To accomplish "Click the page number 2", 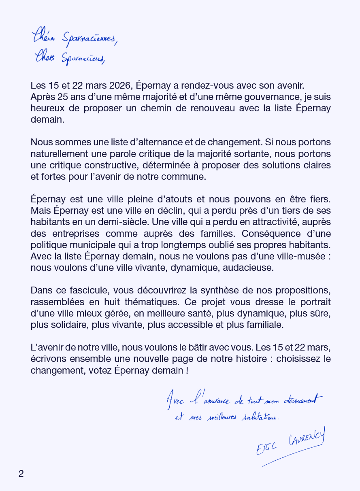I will click(21, 474).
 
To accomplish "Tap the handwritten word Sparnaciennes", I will click(89, 39).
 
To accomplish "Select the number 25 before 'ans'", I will click(64, 97).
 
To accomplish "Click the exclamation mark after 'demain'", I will click(187, 370).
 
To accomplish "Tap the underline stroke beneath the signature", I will click(292, 456).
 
